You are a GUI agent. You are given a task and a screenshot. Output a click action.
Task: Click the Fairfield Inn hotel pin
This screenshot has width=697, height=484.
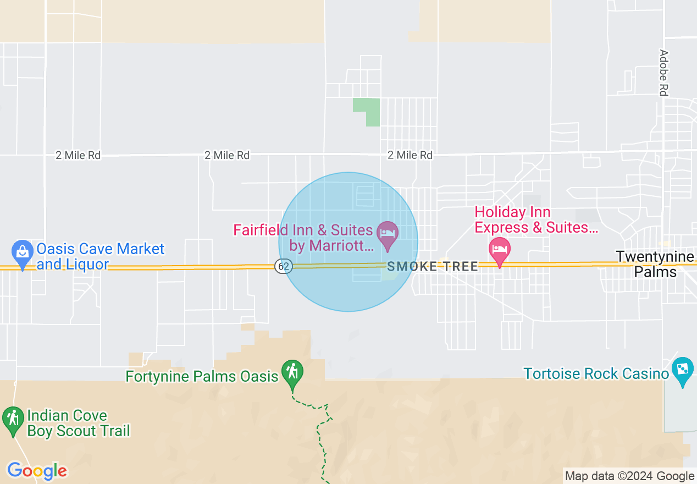pyautogui.click(x=388, y=233)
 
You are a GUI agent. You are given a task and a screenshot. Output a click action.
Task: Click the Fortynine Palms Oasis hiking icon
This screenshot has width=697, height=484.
pyautogui.click(x=292, y=372)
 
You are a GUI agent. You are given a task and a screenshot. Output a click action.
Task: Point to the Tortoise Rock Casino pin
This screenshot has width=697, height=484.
pyautogui.click(x=682, y=369)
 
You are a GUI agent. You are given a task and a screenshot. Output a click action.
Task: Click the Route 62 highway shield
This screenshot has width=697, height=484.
pyautogui.click(x=284, y=266)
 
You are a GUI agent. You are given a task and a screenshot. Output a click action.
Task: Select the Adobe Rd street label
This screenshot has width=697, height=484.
pyautogui.click(x=663, y=73)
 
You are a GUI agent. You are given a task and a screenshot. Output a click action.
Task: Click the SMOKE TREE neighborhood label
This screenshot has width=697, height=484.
pyautogui.click(x=433, y=267)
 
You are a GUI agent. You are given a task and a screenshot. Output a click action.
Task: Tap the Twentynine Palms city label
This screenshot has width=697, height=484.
pyautogui.click(x=655, y=264)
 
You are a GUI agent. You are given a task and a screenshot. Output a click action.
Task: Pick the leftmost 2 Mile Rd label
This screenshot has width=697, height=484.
pyautogui.click(x=78, y=156)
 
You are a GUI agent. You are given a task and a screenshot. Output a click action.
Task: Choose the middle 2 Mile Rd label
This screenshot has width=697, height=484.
pyautogui.click(x=227, y=156)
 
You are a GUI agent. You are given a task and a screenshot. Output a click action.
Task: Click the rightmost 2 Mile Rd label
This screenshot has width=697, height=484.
pyautogui.click(x=410, y=156)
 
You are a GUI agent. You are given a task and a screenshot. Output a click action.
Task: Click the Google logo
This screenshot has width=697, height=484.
pyautogui.click(x=37, y=471)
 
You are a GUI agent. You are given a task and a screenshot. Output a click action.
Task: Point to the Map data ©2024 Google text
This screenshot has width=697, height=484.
pyautogui.click(x=630, y=476)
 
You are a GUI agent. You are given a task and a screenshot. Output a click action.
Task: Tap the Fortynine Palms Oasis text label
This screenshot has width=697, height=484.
pyautogui.click(x=202, y=377)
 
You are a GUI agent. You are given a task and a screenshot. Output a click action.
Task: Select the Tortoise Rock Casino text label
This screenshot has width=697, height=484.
pyautogui.click(x=596, y=374)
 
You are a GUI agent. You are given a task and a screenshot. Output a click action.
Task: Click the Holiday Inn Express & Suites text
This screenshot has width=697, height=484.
pyautogui.click(x=536, y=220)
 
